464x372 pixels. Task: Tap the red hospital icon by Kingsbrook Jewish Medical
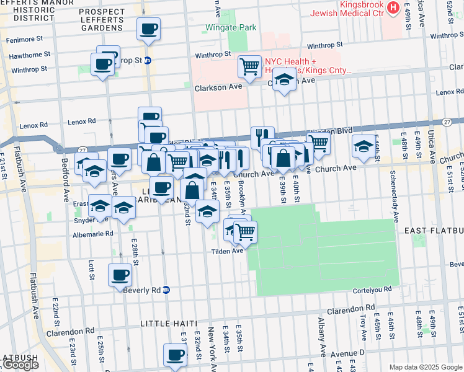(392, 8)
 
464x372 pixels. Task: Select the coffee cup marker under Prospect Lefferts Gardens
(148, 29)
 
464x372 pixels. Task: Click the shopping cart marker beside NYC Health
(249, 66)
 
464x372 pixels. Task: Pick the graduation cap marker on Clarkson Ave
(283, 81)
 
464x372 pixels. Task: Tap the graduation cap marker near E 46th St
(364, 146)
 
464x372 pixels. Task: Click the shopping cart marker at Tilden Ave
(245, 232)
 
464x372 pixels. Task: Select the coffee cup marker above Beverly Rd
(120, 275)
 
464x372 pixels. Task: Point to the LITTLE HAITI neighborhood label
(168, 324)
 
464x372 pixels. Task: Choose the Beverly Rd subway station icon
(166, 290)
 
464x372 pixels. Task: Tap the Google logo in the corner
(20, 365)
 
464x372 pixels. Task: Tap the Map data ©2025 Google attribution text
(425, 367)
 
